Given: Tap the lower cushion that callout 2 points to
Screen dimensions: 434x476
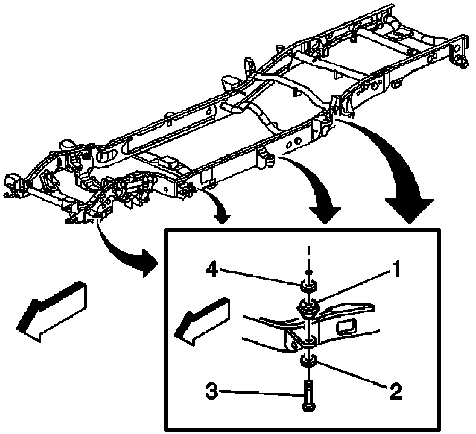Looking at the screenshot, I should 308,362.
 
